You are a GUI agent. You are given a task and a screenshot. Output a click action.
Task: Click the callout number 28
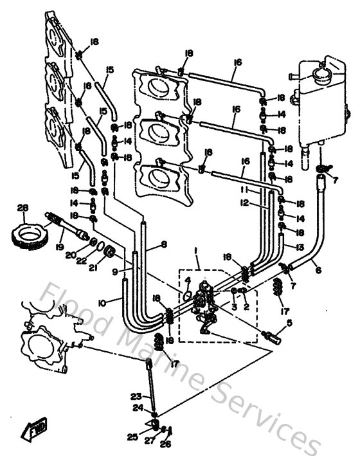[x=23, y=208]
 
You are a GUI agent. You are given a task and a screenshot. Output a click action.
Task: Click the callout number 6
[x=317, y=272]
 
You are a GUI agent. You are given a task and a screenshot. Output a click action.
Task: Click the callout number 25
[x=132, y=437]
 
